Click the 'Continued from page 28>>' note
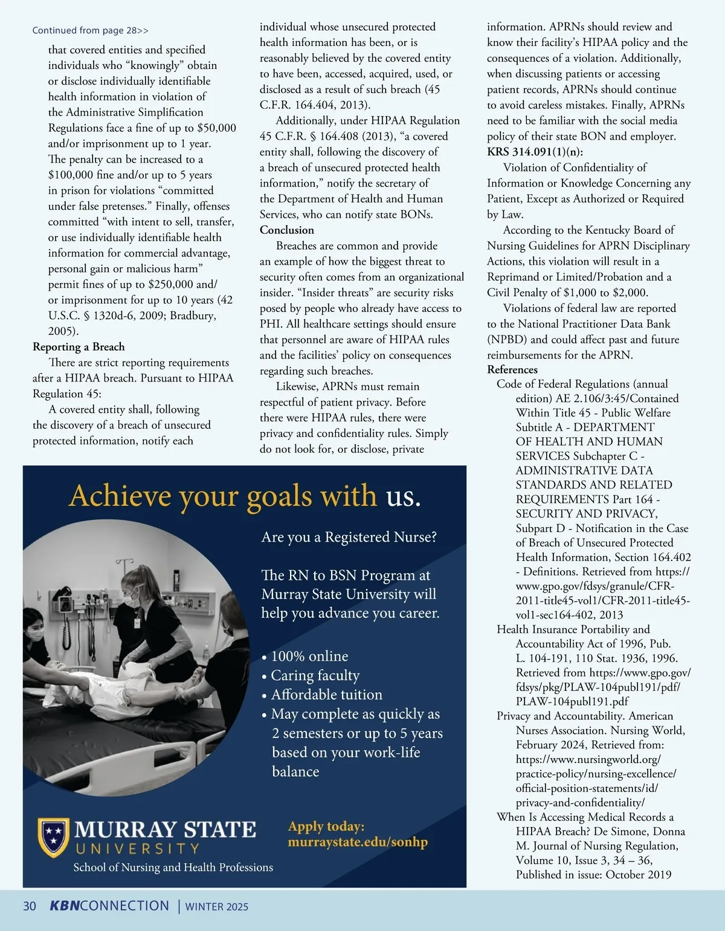(90, 30)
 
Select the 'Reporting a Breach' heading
(79, 346)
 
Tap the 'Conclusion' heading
(287, 230)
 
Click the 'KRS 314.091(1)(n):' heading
(535, 152)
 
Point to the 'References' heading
(512, 369)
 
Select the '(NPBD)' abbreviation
(507, 339)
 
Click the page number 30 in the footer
(30, 906)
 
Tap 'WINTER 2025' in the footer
(216, 906)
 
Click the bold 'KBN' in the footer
(64, 906)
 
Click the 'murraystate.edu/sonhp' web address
(358, 842)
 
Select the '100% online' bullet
(309, 656)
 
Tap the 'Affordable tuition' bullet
(326, 695)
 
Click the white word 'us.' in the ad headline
(403, 496)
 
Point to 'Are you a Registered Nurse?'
(349, 537)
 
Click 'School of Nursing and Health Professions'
(173, 867)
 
